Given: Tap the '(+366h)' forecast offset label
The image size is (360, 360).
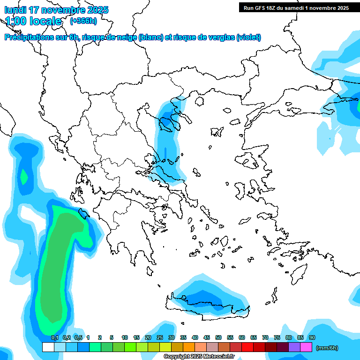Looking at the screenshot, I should click(x=83, y=21).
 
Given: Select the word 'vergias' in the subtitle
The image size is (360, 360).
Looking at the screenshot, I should click(x=218, y=37).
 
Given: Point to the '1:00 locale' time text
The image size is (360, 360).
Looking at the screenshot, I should click(x=33, y=21).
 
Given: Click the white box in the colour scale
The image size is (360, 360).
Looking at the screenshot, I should click(x=48, y=347).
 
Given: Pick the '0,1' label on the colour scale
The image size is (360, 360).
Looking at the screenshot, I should click(x=54, y=338).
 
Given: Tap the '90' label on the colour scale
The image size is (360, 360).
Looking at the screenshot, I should click(x=312, y=338).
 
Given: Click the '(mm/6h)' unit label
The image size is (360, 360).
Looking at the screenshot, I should click(x=327, y=348).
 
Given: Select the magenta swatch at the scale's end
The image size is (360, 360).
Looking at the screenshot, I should click(x=306, y=347).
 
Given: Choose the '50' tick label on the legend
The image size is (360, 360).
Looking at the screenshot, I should click(x=218, y=338).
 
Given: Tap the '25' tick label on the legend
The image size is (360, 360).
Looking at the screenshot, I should click(x=160, y=338).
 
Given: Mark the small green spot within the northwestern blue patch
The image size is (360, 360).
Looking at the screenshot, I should click(x=23, y=177).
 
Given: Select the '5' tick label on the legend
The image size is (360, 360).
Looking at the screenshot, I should click(x=112, y=338).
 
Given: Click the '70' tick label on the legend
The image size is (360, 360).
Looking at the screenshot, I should click(x=265, y=338).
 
